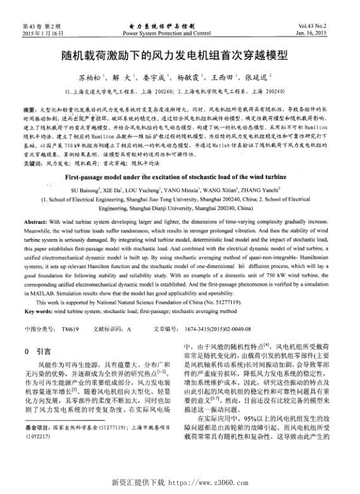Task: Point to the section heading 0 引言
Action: [37, 350]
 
